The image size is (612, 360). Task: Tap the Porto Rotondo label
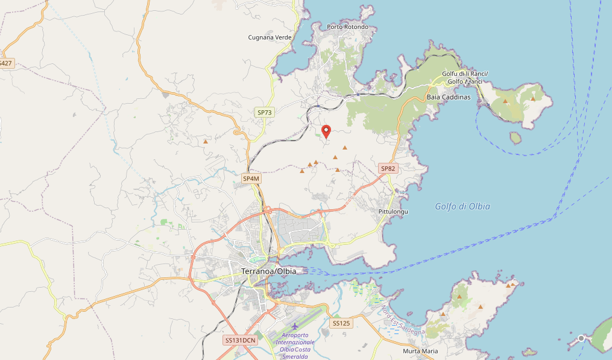coord(347,27)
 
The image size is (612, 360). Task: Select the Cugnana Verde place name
coord(270,37)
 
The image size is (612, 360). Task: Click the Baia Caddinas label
coord(448,97)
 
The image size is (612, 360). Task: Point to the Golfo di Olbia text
coord(462,207)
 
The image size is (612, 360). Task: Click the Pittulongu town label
coord(393,212)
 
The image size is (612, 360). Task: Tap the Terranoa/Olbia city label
coord(268,271)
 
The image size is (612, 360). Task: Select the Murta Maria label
coord(420,351)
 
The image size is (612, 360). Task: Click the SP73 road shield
coord(265,112)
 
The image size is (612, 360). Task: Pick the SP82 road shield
coord(388,169)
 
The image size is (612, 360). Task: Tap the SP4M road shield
coord(251,178)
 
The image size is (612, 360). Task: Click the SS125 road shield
coord(341,324)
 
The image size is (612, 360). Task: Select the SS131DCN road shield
coord(241,340)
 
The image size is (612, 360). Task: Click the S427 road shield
coord(5,63)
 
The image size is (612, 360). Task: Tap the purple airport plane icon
coord(295,326)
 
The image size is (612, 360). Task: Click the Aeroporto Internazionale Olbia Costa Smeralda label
coord(295,346)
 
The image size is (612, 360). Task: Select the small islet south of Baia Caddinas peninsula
coord(515,137)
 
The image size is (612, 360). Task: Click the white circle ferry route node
coord(581,338)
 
